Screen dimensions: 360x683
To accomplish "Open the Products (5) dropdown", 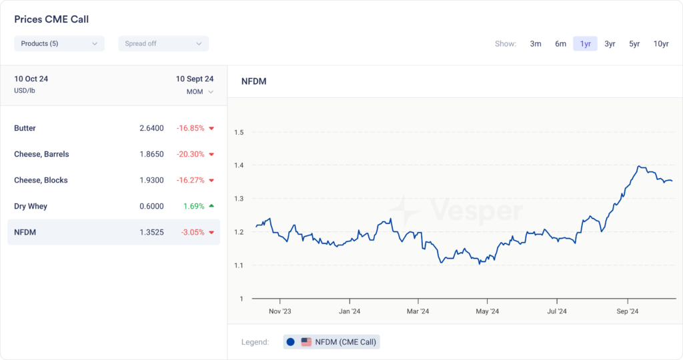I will tap(59, 43).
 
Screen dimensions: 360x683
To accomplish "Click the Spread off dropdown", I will tap(163, 43).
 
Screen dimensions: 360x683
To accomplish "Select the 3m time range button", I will tap(536, 44).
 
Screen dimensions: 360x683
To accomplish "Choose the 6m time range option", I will tap(560, 44).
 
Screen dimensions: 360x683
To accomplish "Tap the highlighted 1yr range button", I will tap(585, 44).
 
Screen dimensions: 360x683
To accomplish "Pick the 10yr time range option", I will tap(660, 44).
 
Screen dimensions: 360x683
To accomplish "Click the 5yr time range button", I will tap(634, 44).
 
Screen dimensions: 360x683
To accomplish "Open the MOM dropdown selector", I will tap(200, 92).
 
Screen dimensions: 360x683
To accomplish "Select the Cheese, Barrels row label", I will tap(41, 154).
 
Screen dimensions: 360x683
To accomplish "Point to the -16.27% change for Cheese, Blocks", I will tap(190, 180).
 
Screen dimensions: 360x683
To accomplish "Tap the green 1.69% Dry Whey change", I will tap(193, 206).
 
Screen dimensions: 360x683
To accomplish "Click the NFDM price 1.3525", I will tap(149, 232).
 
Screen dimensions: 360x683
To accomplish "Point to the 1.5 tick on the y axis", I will tap(239, 132).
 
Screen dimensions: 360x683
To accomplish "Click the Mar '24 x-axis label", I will tap(418, 311).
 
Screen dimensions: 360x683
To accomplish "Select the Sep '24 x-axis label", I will tap(628, 311).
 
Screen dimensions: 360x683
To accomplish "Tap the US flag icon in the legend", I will tap(306, 342).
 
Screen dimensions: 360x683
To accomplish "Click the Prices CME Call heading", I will tap(51, 19).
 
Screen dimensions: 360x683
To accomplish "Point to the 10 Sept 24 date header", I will tap(194, 79).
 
